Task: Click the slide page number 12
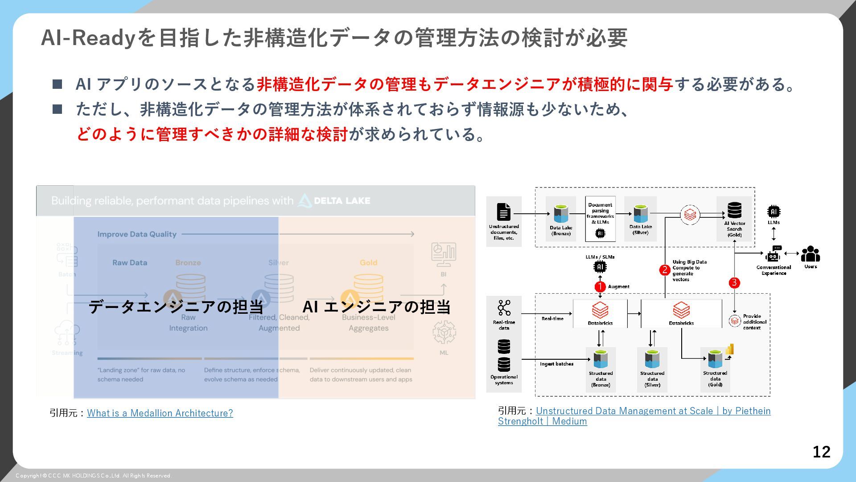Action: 821,452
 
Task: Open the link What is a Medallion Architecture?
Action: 160,413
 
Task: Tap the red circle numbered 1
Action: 600,287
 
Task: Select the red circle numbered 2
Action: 665,270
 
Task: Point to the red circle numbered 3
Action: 734,283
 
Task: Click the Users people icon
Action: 810,254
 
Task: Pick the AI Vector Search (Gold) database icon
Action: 734,210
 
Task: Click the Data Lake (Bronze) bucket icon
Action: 561,214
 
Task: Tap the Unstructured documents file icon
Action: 504,212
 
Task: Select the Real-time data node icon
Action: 504,308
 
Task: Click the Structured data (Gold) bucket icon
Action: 715,359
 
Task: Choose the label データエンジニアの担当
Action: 176,307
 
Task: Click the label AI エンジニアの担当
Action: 376,307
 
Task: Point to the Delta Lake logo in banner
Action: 334,201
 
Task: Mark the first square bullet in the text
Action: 58,84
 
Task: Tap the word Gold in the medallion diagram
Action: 368,262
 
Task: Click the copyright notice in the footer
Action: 94,476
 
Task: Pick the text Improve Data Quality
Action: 137,234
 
